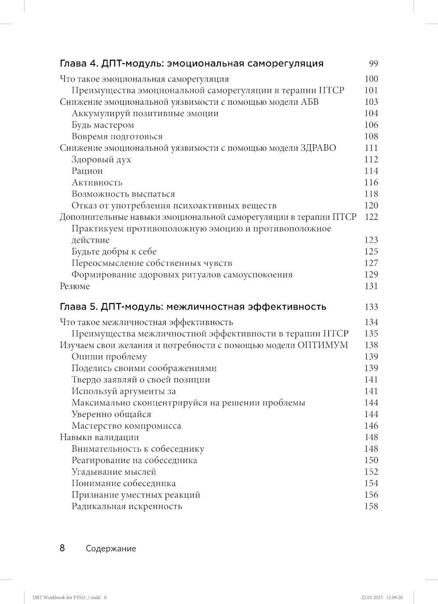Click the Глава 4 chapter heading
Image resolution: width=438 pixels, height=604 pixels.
click(191, 64)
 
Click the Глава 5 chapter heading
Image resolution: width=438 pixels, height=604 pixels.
click(193, 307)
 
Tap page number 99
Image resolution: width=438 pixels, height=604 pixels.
click(373, 64)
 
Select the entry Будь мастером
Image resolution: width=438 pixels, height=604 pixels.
click(102, 125)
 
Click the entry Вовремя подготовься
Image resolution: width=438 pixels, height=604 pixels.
click(117, 136)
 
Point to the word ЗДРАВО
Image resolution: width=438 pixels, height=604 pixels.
click(318, 148)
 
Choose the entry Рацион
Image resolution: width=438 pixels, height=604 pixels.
click(87, 171)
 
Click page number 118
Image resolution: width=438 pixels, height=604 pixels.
click(371, 194)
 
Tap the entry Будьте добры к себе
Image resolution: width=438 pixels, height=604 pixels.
click(114, 252)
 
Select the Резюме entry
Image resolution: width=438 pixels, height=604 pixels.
click(74, 286)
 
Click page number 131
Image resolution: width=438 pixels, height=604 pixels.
click(371, 286)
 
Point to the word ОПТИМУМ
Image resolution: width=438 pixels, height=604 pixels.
click(322, 345)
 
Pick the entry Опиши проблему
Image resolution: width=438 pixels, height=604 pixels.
click(109, 357)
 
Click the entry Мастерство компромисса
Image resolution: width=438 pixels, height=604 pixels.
click(126, 426)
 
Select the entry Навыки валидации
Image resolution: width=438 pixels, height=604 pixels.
click(99, 437)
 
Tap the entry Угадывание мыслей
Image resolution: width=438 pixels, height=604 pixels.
click(114, 472)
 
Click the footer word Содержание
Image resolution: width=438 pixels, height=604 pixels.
click(111, 549)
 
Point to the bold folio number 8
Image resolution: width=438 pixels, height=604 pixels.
click(62, 548)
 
